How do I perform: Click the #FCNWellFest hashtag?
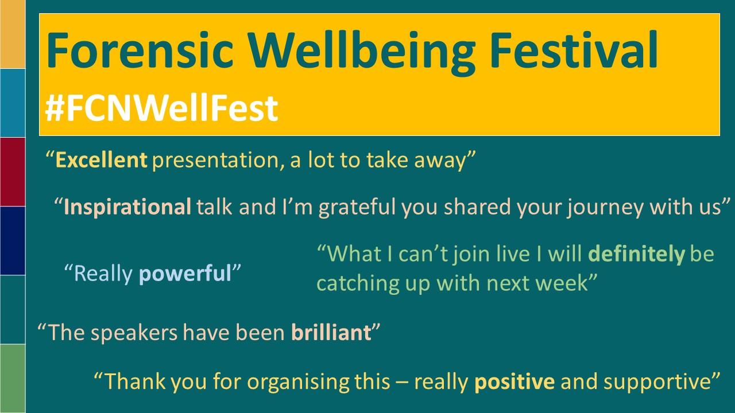click(161, 108)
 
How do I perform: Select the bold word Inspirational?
click(127, 207)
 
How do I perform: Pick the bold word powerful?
click(185, 274)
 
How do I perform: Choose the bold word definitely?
click(637, 254)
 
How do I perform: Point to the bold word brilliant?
click(331, 332)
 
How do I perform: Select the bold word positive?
click(514, 382)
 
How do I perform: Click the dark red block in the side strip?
click(13, 172)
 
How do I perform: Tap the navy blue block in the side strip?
click(13, 240)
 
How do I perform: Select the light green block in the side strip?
click(13, 379)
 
